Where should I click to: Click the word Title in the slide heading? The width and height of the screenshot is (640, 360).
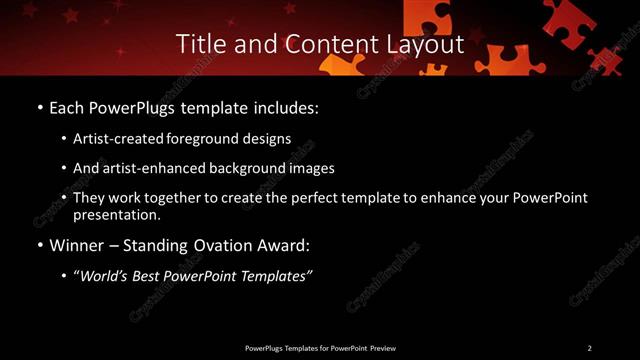[199, 44]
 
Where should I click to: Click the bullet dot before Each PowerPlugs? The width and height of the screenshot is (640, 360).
[39, 107]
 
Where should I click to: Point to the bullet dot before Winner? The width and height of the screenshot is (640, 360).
[39, 244]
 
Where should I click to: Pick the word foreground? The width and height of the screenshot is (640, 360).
[209, 138]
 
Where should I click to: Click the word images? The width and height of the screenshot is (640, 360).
[314, 168]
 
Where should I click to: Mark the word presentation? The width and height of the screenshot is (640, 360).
[116, 214]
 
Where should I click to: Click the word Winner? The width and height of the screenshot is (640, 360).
[77, 244]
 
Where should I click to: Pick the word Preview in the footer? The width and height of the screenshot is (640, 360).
[383, 347]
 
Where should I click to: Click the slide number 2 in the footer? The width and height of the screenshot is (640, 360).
[589, 347]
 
